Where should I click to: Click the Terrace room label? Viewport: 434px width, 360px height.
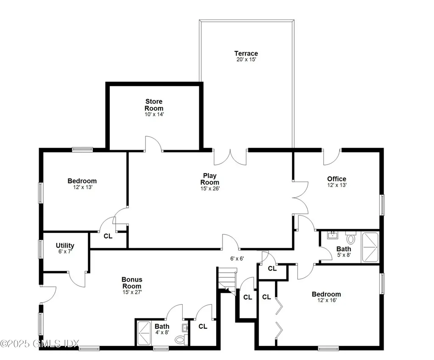point(246,53)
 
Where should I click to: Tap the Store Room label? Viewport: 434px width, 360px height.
point(154,105)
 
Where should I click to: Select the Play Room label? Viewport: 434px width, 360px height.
point(210,179)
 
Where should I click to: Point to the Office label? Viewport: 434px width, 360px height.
point(337,179)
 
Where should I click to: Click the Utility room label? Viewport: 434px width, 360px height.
point(65,246)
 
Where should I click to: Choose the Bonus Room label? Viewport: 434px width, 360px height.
point(132,283)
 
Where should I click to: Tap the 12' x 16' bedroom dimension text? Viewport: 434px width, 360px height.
point(326,301)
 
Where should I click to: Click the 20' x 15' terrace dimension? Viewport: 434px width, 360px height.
point(246,60)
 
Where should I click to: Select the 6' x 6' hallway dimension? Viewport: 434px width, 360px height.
point(237,258)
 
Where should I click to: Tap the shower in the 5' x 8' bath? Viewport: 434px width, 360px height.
point(370,247)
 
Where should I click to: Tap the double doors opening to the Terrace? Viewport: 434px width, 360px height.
point(230,156)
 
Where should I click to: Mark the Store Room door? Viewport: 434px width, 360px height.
point(154,144)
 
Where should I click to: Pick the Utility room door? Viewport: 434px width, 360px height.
point(78,278)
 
